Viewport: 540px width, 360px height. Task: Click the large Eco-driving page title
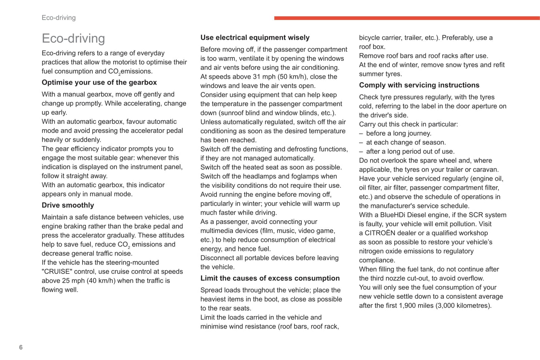click(x=73, y=38)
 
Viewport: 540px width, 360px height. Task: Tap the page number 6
click(x=21, y=347)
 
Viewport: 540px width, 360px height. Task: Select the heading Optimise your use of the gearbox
click(x=99, y=83)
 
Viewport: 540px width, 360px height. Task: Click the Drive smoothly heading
click(x=68, y=205)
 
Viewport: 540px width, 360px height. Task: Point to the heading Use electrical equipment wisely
click(x=255, y=38)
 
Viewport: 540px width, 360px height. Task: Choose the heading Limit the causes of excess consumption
click(x=270, y=278)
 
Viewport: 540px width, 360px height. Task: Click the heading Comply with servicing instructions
click(x=419, y=85)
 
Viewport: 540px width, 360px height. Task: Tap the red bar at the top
click(x=407, y=18)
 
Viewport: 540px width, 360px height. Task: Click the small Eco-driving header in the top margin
click(x=59, y=18)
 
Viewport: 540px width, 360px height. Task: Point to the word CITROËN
click(x=380, y=233)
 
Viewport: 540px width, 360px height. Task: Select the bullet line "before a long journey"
click(x=398, y=134)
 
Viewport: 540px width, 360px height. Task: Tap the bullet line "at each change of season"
click(x=406, y=143)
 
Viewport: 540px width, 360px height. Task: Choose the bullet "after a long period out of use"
click(x=410, y=152)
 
